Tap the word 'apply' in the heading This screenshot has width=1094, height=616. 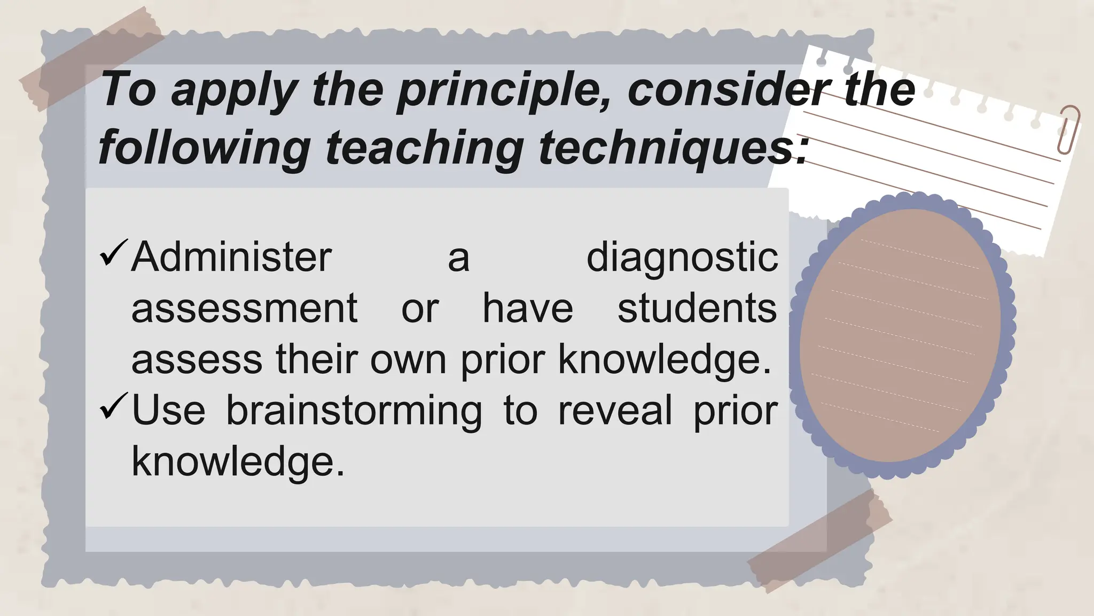[234, 91]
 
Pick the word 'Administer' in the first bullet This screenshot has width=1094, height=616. [231, 257]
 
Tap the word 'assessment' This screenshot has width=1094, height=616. [244, 309]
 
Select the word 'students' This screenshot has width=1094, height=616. [697, 309]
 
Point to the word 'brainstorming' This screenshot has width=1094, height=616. [354, 411]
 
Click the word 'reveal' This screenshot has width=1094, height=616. [615, 411]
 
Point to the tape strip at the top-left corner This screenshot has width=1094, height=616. [91, 58]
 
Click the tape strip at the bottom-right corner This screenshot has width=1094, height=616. [820, 540]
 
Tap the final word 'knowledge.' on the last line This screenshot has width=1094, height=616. [238, 461]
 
